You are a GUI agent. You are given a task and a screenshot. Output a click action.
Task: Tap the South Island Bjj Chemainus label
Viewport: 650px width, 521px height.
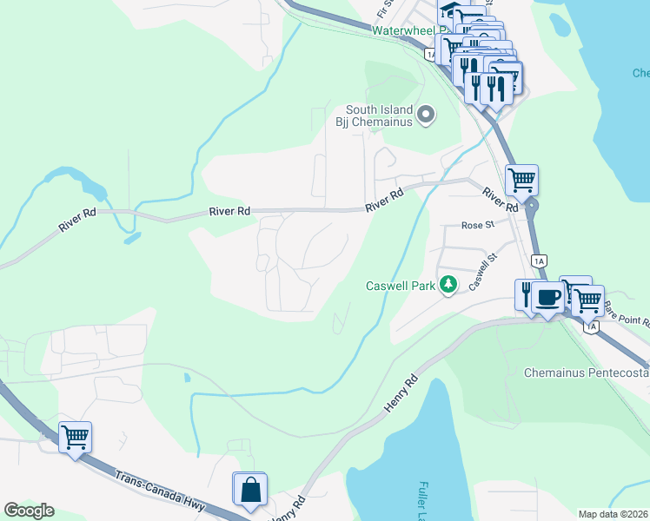tap(377, 115)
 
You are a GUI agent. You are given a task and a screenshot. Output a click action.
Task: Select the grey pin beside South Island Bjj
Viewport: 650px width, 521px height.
tap(426, 115)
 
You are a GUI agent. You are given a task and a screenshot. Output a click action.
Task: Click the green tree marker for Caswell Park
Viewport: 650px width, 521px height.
tap(448, 285)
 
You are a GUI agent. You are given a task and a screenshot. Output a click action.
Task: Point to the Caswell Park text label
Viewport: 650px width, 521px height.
tap(400, 286)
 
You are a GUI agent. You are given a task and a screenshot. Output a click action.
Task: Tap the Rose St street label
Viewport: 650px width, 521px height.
tap(477, 225)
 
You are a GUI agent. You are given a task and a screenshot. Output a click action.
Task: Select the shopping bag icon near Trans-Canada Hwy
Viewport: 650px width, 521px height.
tap(250, 489)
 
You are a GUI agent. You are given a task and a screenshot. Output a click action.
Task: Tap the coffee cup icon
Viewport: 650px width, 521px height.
tap(547, 298)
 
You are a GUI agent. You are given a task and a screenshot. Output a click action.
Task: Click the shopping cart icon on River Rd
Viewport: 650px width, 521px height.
tap(521, 181)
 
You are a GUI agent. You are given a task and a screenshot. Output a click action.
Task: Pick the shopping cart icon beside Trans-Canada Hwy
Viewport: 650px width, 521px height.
tap(76, 437)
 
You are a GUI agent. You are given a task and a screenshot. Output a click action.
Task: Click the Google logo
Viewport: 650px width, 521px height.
tap(29, 511)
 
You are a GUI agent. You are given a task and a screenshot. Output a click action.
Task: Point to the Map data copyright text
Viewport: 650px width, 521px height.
tap(614, 514)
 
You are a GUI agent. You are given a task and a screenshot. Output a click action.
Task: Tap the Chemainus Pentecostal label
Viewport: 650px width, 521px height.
tap(587, 373)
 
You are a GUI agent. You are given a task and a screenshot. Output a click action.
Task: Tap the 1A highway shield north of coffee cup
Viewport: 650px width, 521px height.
tap(539, 260)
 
